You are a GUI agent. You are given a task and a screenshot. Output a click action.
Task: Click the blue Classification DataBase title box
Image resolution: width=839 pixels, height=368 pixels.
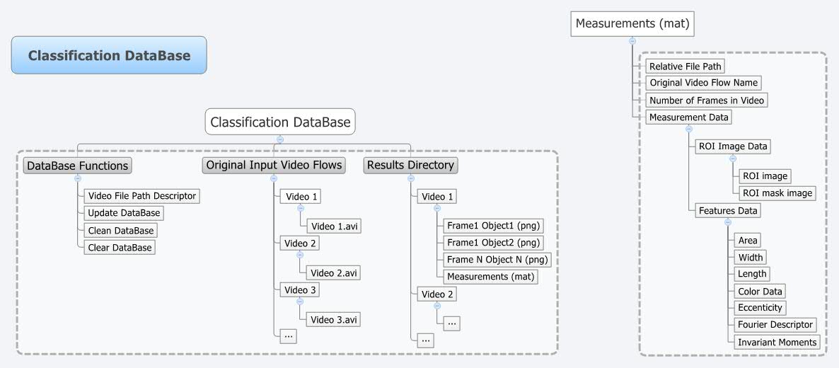pos(109,55)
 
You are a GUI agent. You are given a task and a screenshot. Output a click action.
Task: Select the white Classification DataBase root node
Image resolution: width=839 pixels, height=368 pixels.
pos(280,122)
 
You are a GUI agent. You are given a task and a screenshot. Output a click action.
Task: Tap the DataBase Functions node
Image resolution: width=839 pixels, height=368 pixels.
pos(77,166)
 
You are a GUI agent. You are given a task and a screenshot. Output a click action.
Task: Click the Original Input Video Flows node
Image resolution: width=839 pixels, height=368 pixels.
pos(274,166)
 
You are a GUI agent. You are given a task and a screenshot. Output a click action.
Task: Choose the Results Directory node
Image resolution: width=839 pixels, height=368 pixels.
pos(410,166)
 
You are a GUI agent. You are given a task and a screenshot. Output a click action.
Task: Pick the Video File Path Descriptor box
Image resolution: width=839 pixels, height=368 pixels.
pos(141,195)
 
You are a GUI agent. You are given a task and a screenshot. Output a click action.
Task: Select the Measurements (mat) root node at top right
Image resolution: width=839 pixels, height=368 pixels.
pos(632,24)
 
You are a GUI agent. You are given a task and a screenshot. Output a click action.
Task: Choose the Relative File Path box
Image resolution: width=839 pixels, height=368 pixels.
pos(685,66)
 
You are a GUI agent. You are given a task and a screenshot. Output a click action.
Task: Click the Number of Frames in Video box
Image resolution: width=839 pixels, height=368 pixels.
pos(707,100)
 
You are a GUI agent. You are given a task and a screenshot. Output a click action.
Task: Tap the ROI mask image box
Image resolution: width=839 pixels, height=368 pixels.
pos(777,192)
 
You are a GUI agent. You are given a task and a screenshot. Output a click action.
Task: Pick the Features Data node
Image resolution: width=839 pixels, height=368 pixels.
pos(728,210)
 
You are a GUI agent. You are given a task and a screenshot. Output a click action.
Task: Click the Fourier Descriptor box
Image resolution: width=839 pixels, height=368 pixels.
pos(775,325)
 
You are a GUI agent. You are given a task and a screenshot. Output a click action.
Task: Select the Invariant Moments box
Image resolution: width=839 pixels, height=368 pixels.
pos(777,342)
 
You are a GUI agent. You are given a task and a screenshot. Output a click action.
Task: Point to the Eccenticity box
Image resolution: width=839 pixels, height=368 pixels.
pos(760,308)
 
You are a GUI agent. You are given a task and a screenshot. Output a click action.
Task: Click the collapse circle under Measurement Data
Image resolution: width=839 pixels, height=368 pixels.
pos(688,129)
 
